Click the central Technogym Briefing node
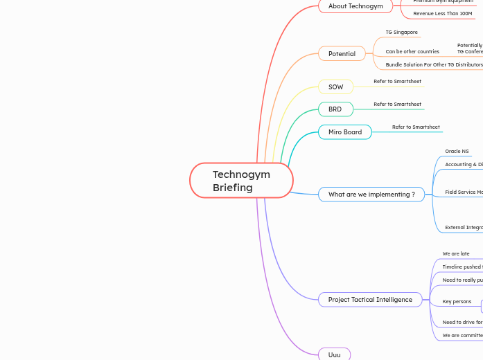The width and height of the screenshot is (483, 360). coord(241,181)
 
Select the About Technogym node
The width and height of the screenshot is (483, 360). coord(355,6)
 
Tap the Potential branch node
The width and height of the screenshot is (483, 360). coord(342,53)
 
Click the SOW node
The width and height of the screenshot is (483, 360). coord(335,87)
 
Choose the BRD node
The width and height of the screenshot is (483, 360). coord(335,109)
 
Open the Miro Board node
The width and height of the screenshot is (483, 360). coord(344,132)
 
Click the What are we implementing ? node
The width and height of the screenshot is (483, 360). coord(371,195)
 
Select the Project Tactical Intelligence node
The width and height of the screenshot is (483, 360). coord(370,300)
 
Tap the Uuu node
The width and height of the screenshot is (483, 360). coord(334,354)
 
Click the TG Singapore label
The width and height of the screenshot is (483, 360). coord(401,33)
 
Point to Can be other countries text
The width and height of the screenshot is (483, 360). coord(412,51)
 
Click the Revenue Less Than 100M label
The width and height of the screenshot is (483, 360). coord(442,13)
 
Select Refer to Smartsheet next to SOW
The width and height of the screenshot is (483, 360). coord(397,82)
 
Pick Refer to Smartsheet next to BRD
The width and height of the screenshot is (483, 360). coord(397,105)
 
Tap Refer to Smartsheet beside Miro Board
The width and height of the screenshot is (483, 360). coord(416,127)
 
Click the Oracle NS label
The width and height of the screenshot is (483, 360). coord(457,151)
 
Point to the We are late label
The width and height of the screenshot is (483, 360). coord(456,254)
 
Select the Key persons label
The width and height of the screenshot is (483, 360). coord(457,302)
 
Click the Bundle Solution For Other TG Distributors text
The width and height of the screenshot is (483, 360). coord(434,64)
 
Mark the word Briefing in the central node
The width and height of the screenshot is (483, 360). coord(233,188)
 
